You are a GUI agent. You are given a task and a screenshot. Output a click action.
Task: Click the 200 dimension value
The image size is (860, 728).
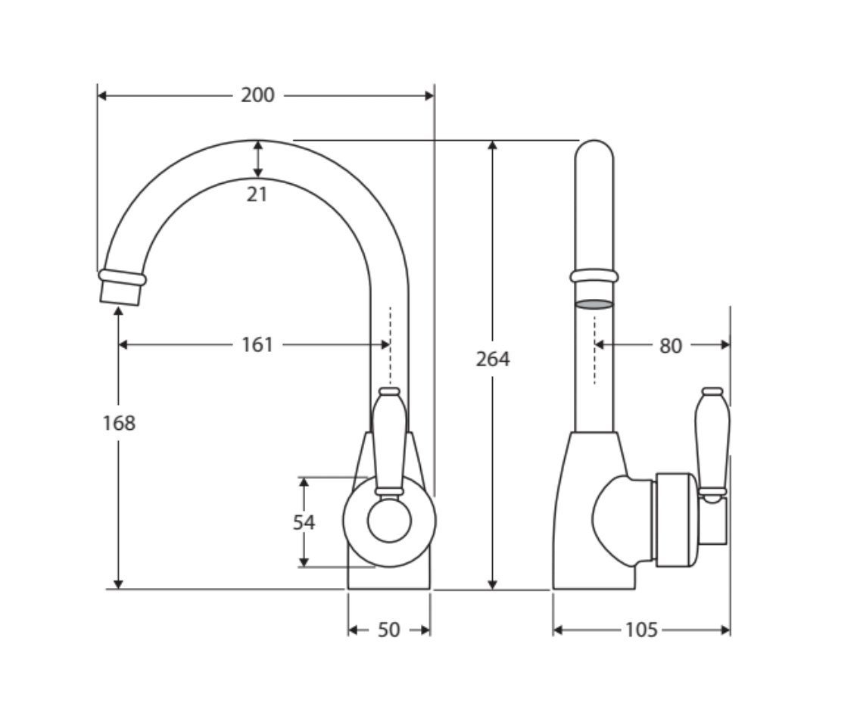258,95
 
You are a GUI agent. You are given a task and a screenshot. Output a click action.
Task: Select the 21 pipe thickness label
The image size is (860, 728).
257,194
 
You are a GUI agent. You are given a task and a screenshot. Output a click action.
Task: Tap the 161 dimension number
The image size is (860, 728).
257,345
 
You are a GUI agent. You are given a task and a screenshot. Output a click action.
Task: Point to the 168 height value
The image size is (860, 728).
119,423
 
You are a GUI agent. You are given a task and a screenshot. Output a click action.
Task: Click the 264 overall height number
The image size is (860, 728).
493,359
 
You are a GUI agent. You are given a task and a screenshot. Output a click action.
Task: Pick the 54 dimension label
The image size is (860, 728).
304,522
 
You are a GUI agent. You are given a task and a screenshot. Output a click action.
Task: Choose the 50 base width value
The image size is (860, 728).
389,630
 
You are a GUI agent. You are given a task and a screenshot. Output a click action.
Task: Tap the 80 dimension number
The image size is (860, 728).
670,346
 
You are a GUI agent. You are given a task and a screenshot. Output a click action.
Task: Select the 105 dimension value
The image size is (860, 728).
641,630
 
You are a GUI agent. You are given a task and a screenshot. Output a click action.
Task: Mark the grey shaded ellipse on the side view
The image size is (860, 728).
594,304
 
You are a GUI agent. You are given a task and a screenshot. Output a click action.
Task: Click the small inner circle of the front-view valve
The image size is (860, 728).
389,521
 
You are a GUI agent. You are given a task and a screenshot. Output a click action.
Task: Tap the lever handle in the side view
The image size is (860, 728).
712,444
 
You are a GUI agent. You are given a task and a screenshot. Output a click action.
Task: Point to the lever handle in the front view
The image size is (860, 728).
389,441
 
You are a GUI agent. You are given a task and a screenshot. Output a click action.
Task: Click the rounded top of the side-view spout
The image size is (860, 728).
594,150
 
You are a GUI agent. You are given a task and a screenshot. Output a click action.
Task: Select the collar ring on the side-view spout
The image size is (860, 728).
594,275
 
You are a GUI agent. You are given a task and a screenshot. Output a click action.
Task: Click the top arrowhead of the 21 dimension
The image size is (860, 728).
258,146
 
